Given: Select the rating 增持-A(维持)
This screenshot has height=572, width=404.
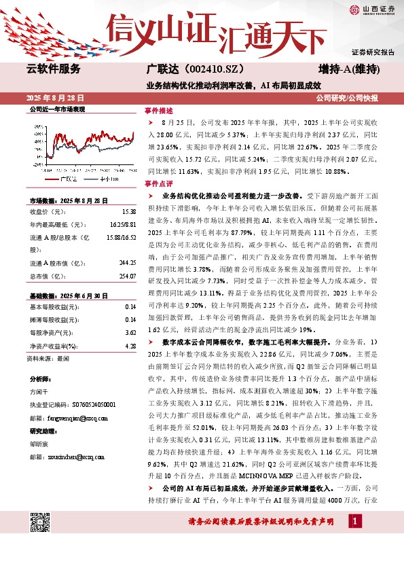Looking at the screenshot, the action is click(x=348, y=69).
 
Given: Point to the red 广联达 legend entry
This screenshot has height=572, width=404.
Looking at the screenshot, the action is click(x=64, y=178).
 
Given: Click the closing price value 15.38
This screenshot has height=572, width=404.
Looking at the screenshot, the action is click(x=130, y=212).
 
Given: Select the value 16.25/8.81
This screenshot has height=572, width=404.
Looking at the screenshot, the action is click(x=122, y=224).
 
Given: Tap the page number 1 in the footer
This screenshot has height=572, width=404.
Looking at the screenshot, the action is click(x=354, y=540).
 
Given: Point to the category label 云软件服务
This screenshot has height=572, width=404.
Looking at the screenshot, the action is click(x=53, y=69).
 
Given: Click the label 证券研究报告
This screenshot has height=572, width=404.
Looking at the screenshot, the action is click(x=372, y=52).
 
